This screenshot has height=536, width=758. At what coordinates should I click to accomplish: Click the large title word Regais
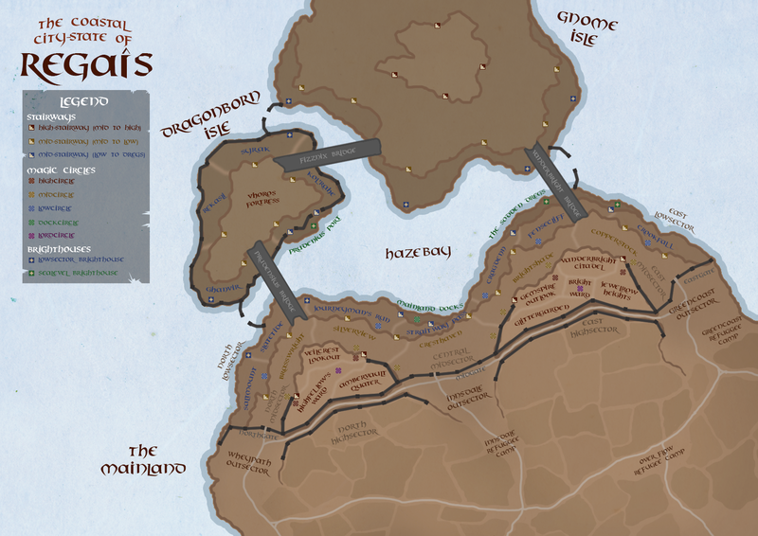click(x=85, y=64)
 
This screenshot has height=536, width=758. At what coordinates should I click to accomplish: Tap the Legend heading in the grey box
click(x=83, y=101)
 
